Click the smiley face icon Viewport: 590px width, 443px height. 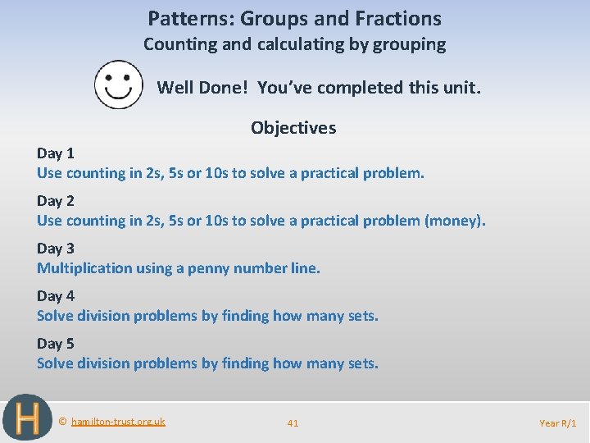119,84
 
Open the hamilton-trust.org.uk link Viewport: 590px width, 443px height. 118,422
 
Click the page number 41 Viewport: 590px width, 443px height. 293,422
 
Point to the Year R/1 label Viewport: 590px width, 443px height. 558,422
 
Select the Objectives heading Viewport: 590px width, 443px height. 293,128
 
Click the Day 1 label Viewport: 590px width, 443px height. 56,153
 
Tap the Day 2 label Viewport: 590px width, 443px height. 56,201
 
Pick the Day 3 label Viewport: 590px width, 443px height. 56,249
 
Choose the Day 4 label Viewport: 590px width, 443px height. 56,296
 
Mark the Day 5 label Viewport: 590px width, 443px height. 56,344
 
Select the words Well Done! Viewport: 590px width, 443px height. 204,87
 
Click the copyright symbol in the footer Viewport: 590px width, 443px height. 63,422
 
